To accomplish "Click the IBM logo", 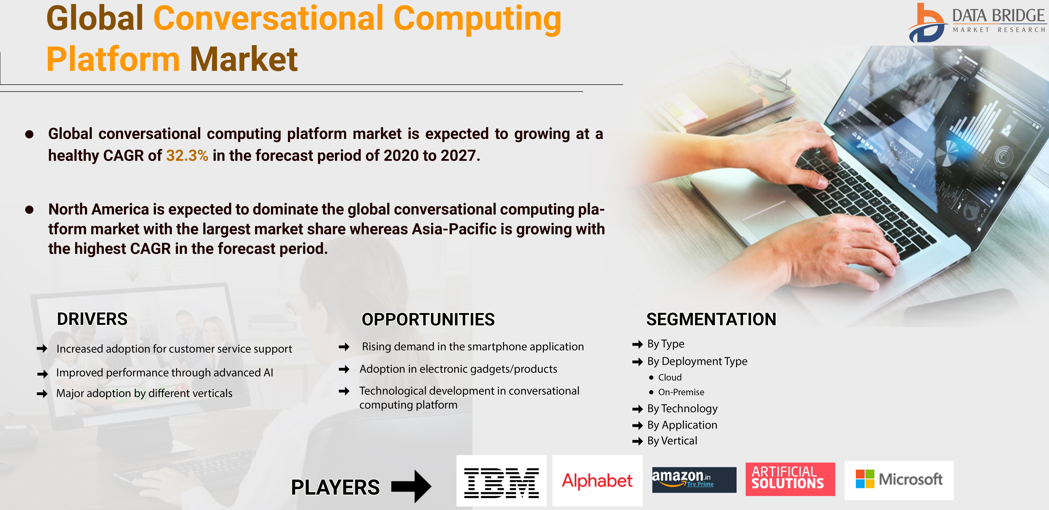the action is [x=501, y=483].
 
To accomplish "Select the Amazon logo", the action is [x=694, y=479].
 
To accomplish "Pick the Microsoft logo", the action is [x=899, y=479].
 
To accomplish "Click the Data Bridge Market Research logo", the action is [x=977, y=22].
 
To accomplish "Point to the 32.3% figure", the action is [x=187, y=156].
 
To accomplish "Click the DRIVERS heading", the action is [x=92, y=319].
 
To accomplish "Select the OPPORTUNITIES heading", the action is [x=428, y=319].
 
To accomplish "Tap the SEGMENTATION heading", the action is [x=711, y=319].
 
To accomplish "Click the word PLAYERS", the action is [x=335, y=487].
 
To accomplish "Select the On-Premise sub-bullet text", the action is [x=681, y=392].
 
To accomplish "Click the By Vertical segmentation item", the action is [x=672, y=441].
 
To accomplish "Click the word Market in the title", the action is [x=244, y=59].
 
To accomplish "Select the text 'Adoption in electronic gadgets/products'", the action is [x=458, y=369].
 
